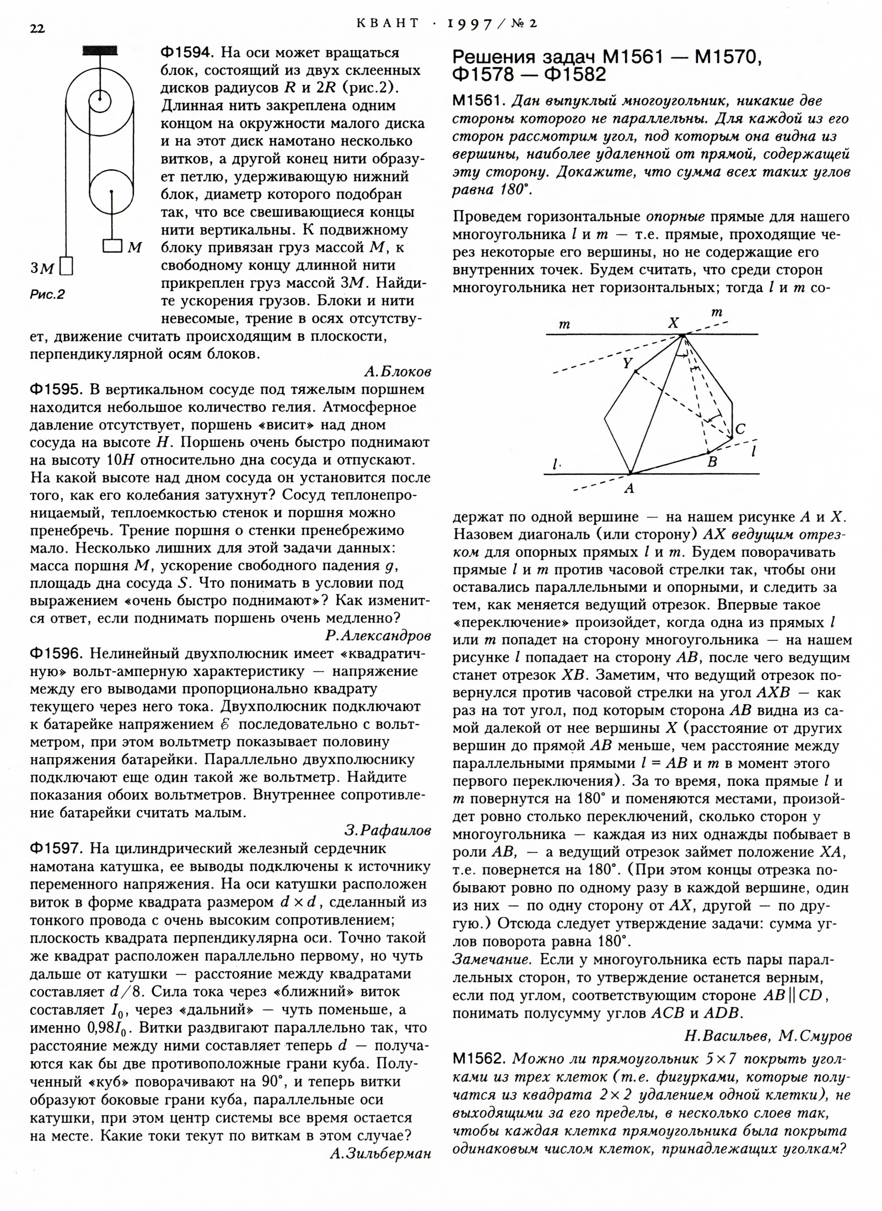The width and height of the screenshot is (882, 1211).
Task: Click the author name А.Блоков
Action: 397,372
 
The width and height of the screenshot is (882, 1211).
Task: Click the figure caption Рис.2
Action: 47,294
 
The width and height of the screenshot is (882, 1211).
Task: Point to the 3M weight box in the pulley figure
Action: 67,266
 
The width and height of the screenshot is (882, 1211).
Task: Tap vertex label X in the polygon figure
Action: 673,324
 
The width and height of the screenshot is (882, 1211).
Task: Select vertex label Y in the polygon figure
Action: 627,363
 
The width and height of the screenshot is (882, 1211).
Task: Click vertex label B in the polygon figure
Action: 712,462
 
